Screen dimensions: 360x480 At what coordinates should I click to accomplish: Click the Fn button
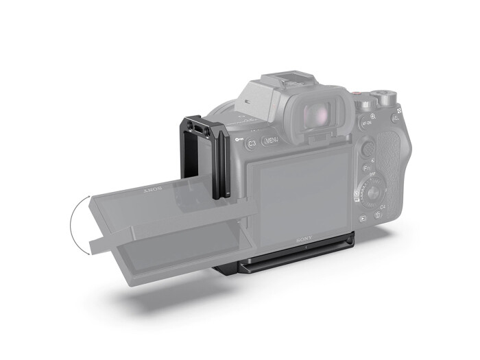(x=367, y=169)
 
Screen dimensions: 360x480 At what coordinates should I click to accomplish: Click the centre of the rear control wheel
(x=372, y=193)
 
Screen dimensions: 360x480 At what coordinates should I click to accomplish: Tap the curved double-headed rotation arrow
(x=77, y=223)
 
